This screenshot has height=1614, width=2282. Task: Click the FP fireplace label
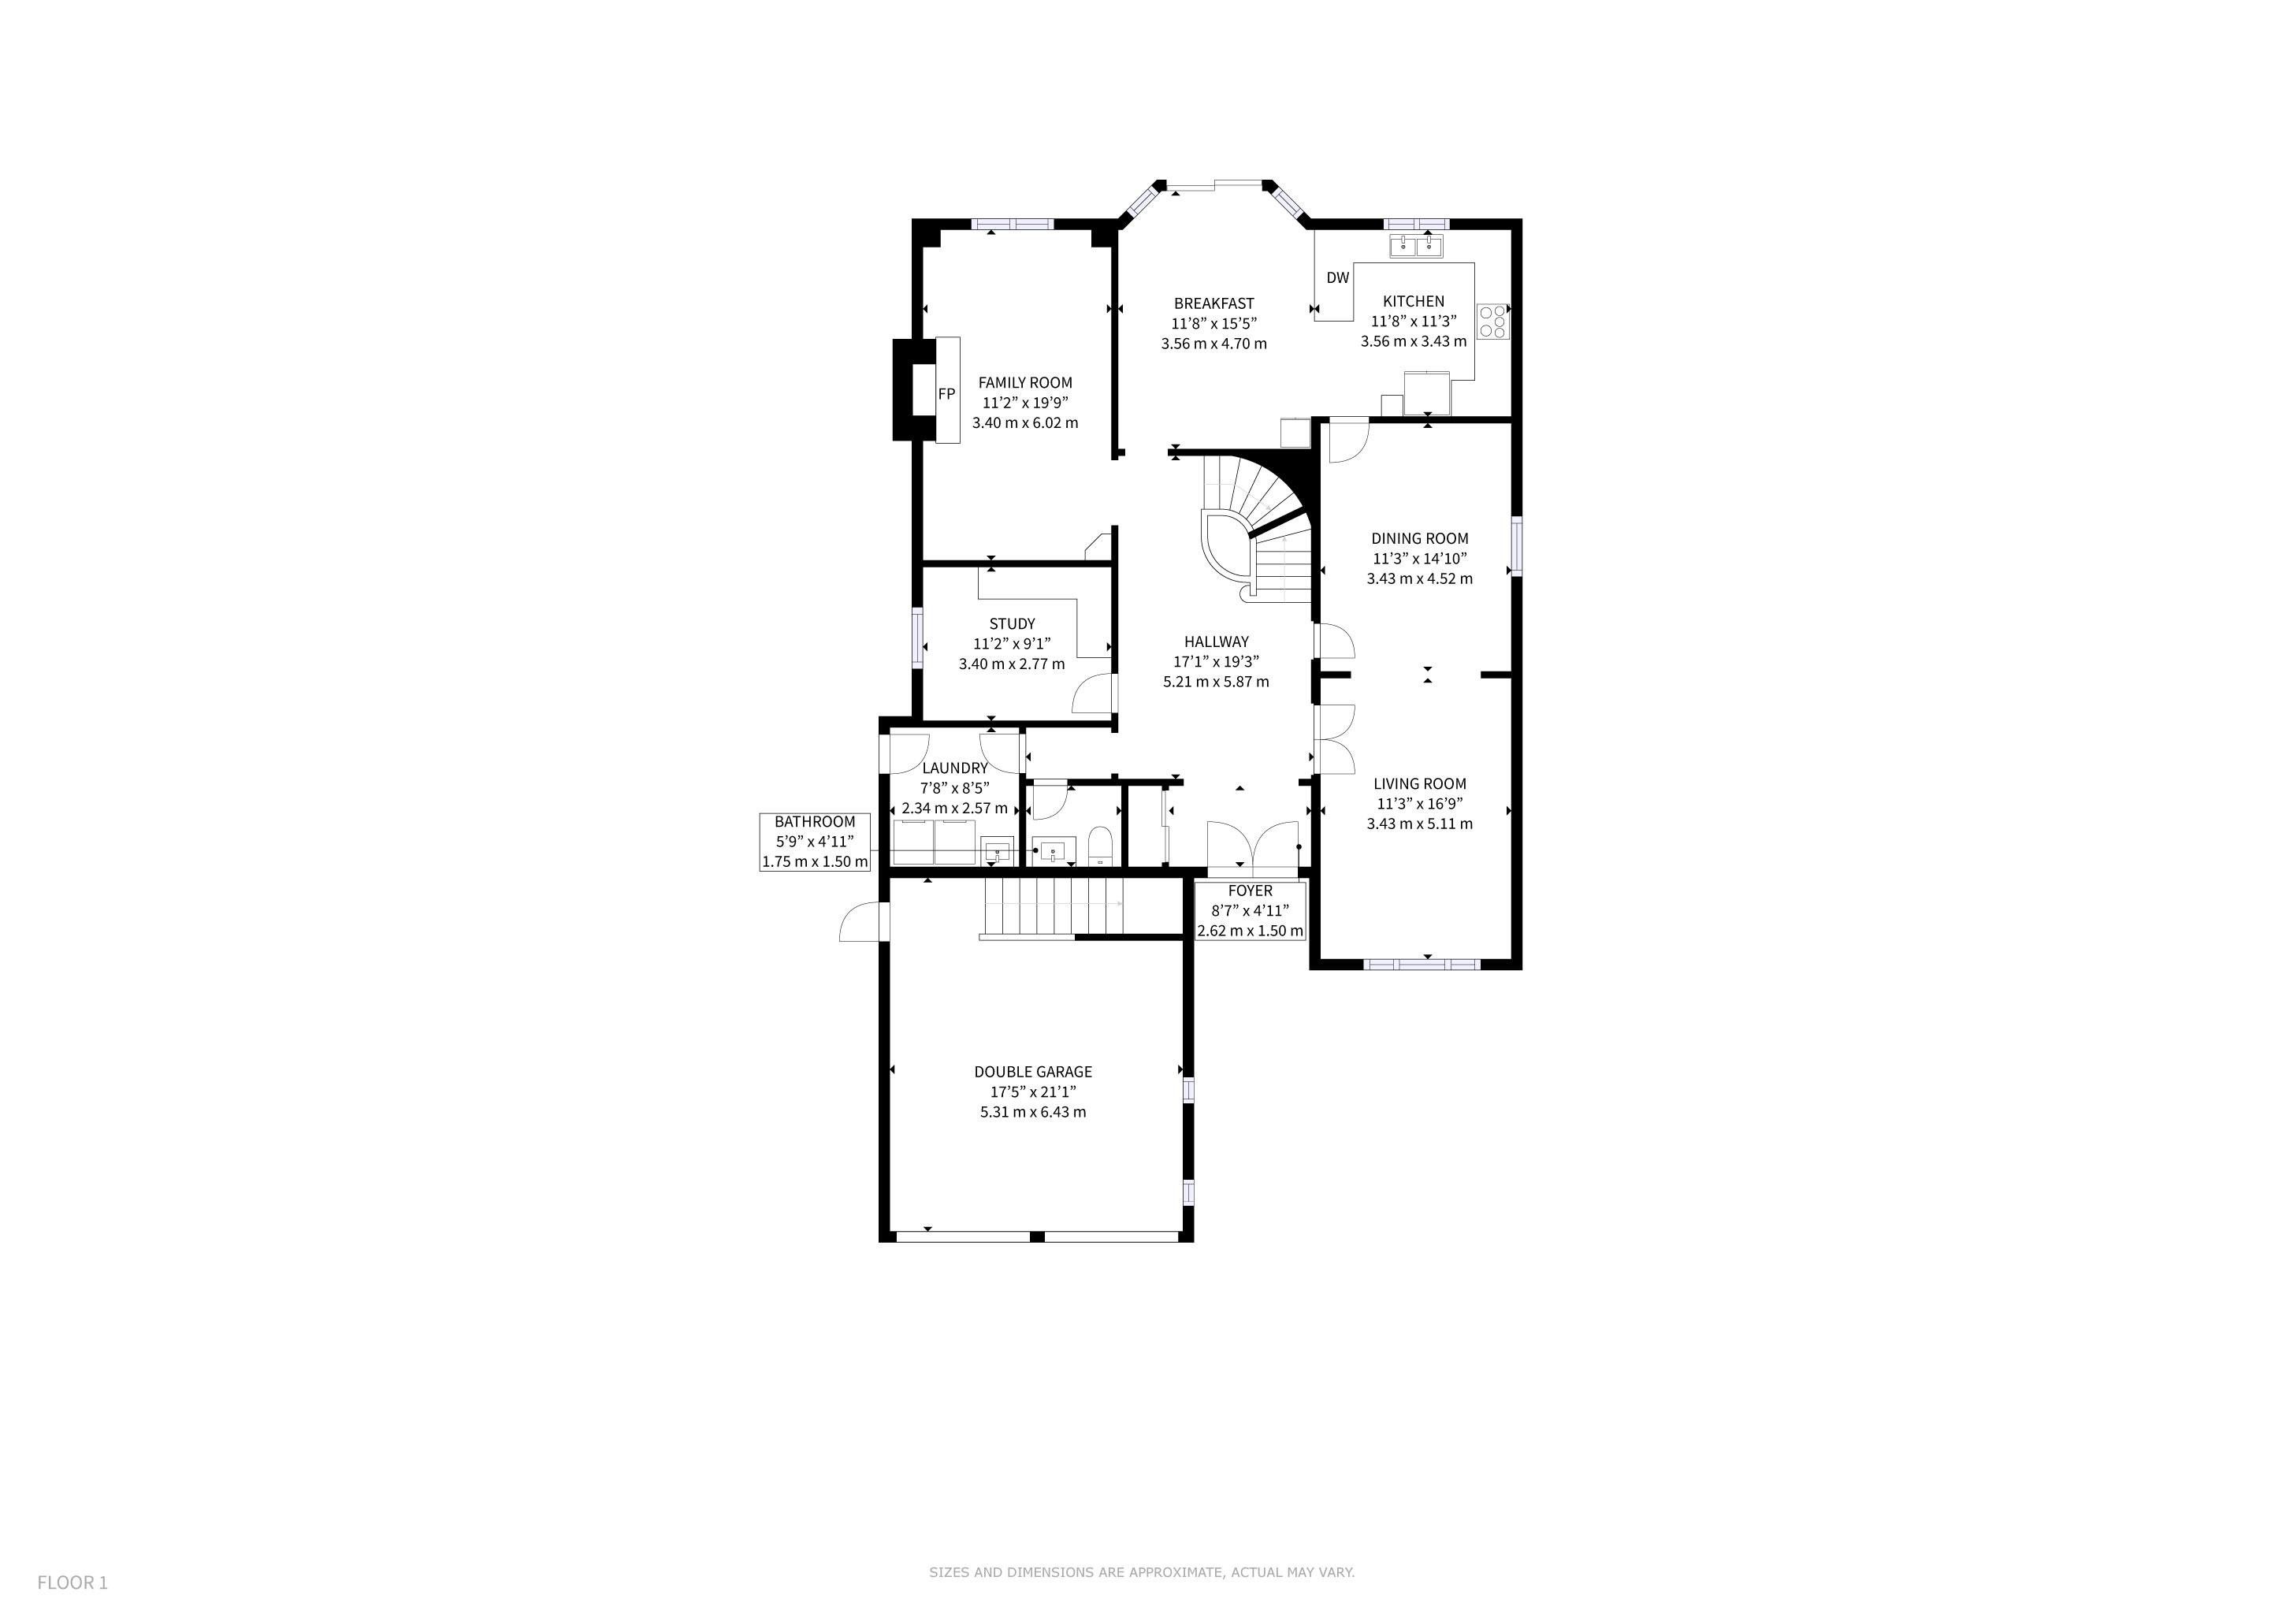click(x=946, y=393)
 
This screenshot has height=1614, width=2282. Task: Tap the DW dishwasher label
click(x=1338, y=277)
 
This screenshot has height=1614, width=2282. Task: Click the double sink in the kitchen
click(x=1416, y=244)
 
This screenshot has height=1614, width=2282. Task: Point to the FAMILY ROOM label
click(x=1024, y=383)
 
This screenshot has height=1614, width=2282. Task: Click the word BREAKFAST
click(x=1213, y=303)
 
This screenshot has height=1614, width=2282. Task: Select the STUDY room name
click(x=1012, y=624)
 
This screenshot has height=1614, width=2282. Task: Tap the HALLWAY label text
click(x=1217, y=642)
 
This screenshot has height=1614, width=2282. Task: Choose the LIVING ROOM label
click(x=1419, y=784)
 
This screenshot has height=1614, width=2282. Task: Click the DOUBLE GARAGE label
click(x=1033, y=1071)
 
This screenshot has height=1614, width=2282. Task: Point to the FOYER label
click(x=1249, y=891)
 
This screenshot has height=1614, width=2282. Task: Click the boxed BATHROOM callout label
click(x=815, y=842)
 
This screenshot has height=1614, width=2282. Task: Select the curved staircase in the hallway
click(x=1254, y=526)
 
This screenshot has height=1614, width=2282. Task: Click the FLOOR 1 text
click(x=72, y=1582)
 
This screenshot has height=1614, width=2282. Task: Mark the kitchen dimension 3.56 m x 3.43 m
click(x=1414, y=341)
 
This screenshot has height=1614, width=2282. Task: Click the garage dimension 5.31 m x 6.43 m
click(x=1033, y=1112)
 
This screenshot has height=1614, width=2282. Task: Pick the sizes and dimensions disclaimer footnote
click(x=1141, y=1572)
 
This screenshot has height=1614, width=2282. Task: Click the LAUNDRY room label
click(x=954, y=768)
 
